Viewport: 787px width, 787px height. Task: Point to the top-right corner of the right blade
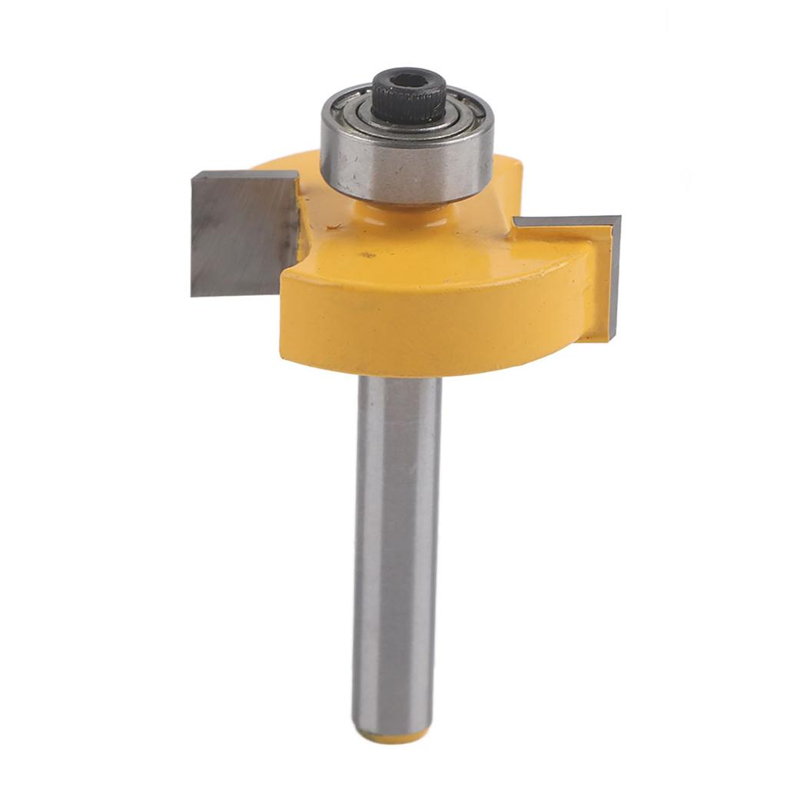point(619,218)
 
